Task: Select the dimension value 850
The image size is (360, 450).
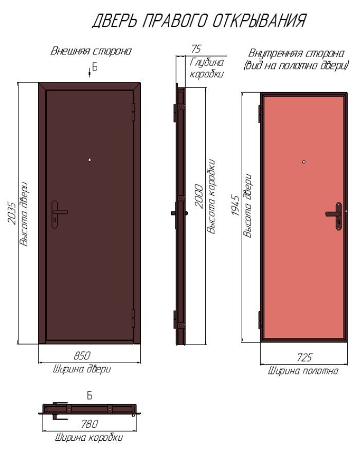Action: point(82,355)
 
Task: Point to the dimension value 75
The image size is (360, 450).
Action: point(195,49)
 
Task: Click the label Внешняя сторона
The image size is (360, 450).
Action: point(91,51)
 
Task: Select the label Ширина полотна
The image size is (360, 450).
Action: point(303,371)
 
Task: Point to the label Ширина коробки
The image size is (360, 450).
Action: point(88,438)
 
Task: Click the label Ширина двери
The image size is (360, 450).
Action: point(82,369)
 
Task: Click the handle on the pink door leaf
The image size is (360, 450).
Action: point(335,213)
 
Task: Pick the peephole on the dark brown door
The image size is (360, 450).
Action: point(89,159)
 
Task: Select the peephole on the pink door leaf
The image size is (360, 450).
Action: point(304,163)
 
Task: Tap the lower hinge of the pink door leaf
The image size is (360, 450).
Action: point(259,319)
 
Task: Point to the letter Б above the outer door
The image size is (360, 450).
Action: point(94,67)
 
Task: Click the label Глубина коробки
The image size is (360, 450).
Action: point(207,68)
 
